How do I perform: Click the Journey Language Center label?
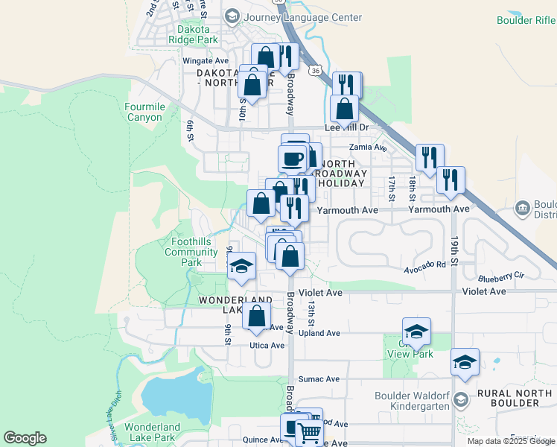pyautogui.click(x=304, y=17)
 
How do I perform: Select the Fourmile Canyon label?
pyautogui.click(x=144, y=112)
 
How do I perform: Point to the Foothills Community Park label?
pyautogui.click(x=191, y=252)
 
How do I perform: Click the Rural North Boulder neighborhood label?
pyautogui.click(x=518, y=398)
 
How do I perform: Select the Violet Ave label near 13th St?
pyautogui.click(x=320, y=293)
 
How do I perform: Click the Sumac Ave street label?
pyautogui.click(x=319, y=380)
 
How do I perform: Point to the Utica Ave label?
pyautogui.click(x=267, y=346)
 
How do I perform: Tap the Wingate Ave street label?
pyautogui.click(x=206, y=60)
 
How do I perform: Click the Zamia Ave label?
pyautogui.click(x=373, y=148)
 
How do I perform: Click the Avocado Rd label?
pyautogui.click(x=425, y=264)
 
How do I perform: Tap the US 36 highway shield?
pyautogui.click(x=316, y=70)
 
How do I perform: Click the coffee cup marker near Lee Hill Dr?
pyautogui.click(x=292, y=158)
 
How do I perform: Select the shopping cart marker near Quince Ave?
pyautogui.click(x=309, y=430)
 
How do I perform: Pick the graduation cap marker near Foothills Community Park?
pyautogui.click(x=241, y=266)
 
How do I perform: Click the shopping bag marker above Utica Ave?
pyautogui.click(x=256, y=314)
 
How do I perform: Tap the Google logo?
pyautogui.click(x=25, y=438)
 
